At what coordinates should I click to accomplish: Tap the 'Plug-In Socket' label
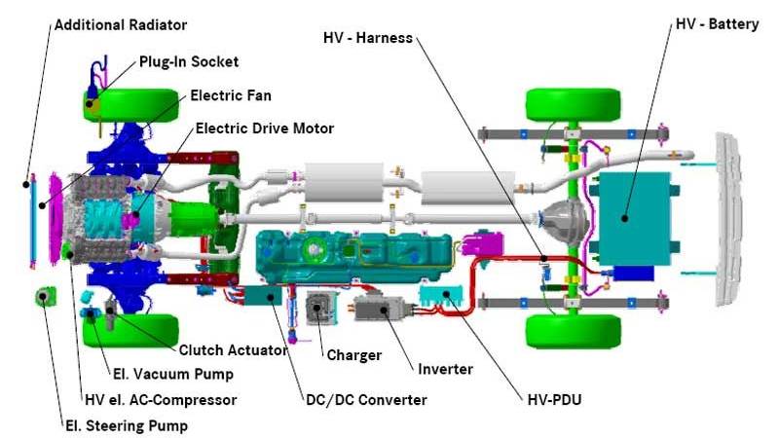point(188,61)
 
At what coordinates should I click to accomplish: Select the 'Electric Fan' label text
point(231,95)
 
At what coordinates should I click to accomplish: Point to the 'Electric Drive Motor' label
point(265,128)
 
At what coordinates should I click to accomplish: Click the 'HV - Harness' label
point(368,38)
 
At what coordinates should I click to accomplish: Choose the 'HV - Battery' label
point(717,23)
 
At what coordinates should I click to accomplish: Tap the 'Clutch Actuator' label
point(232,350)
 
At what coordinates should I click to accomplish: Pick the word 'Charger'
point(353,355)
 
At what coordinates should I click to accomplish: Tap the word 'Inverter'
point(445,369)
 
